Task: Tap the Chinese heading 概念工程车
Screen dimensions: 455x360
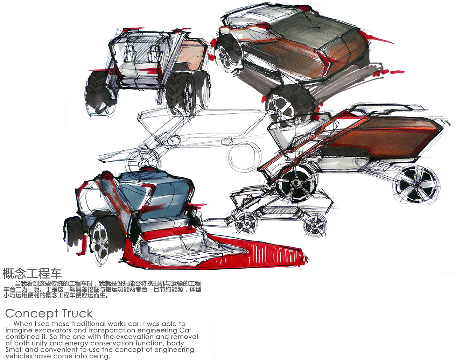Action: click(32, 273)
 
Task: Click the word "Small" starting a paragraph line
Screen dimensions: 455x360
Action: click(14, 350)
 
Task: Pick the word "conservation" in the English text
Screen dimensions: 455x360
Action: click(112, 343)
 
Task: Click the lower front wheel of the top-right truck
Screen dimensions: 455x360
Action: click(283, 103)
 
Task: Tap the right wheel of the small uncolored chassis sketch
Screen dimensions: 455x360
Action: click(314, 226)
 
